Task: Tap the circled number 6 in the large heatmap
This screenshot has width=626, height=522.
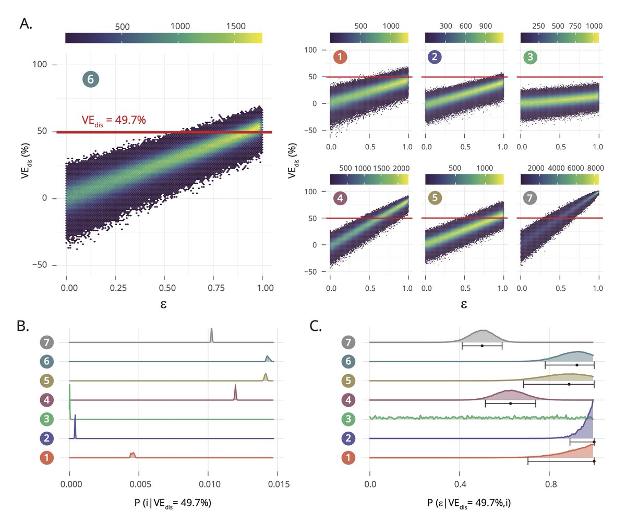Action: pyautogui.click(x=90, y=79)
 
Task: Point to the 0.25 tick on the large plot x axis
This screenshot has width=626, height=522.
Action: pyautogui.click(x=115, y=288)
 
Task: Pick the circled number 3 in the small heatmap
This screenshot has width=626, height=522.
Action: pyautogui.click(x=531, y=57)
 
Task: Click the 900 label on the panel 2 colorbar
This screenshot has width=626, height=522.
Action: pyautogui.click(x=485, y=26)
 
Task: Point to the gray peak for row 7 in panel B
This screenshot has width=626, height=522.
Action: pyautogui.click(x=211, y=334)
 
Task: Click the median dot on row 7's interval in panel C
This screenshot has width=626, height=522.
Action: pyautogui.click(x=482, y=346)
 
